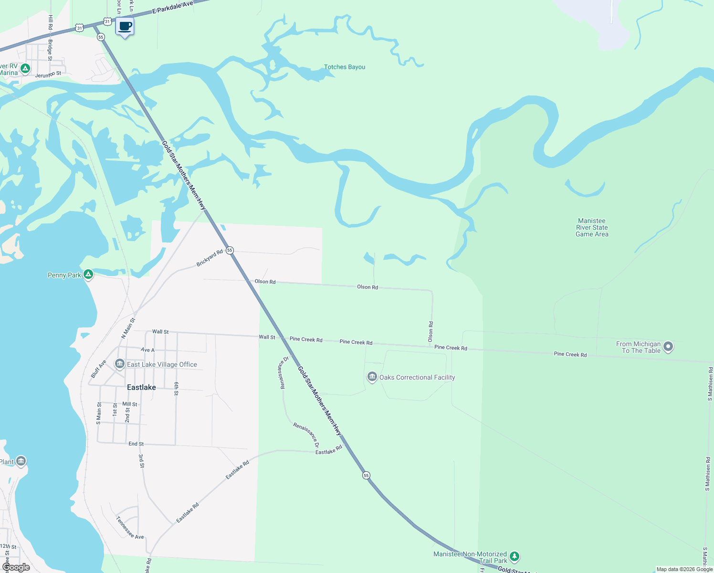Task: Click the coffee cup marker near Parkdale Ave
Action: click(125, 27)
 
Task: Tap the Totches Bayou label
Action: click(345, 67)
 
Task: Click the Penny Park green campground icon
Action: click(88, 275)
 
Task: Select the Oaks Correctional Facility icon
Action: click(372, 377)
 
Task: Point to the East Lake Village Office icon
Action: click(120, 364)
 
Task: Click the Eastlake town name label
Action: click(141, 387)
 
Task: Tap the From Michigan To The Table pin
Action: click(668, 347)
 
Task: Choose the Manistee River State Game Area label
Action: click(592, 227)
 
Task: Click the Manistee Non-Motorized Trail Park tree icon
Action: click(514, 556)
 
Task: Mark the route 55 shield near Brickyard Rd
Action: click(230, 250)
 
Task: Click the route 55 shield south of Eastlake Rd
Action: click(366, 475)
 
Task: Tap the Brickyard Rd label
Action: click(210, 258)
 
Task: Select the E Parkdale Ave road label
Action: click(173, 7)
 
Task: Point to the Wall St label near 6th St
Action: click(160, 331)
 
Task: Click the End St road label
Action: click(136, 444)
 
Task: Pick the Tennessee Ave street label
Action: click(129, 527)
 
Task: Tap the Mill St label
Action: click(130, 404)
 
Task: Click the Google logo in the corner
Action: click(16, 567)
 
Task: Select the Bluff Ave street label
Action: click(99, 369)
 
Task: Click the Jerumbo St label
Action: click(48, 74)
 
